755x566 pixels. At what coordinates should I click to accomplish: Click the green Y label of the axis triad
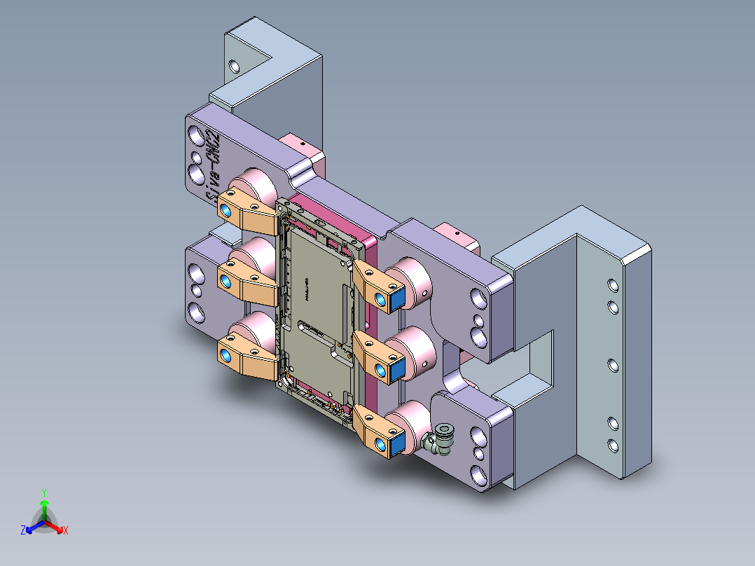coord(43,492)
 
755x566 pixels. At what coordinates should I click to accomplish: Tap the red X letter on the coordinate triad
coord(66,530)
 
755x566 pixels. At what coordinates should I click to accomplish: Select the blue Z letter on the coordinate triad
coord(23,530)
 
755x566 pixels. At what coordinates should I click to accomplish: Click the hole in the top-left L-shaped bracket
coord(234,67)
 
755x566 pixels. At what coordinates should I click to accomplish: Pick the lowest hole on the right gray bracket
coord(613,444)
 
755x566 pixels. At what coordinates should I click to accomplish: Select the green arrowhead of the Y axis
coord(43,503)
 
